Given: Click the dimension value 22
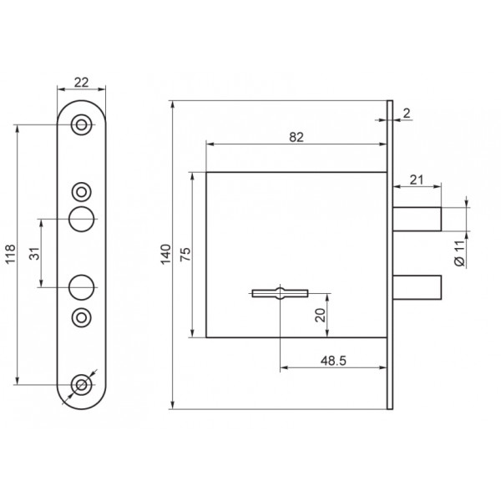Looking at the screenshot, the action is pos(81,83).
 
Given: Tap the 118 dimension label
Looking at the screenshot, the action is pos(10,254).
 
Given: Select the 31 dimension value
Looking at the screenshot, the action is pos(35,253).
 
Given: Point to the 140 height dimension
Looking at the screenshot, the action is pos(166,255).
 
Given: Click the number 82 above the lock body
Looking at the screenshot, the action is pos(296,138).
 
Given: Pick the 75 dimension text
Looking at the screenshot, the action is pos(185,255).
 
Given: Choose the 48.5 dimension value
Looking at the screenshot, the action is pos(333,361).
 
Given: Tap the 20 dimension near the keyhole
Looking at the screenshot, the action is pos(320,315).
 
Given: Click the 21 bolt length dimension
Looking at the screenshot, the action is pos(417,180).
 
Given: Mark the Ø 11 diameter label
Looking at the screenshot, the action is pos(460,253).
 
